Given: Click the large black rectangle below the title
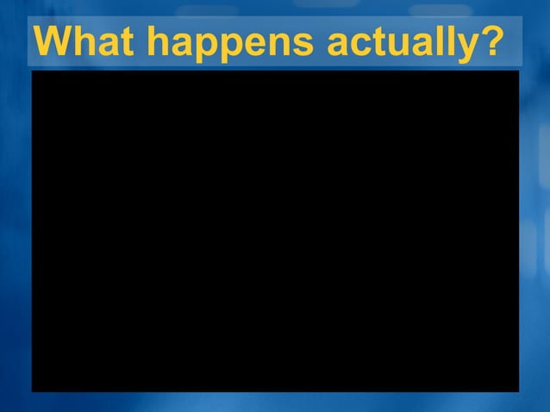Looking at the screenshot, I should tap(275, 231).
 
